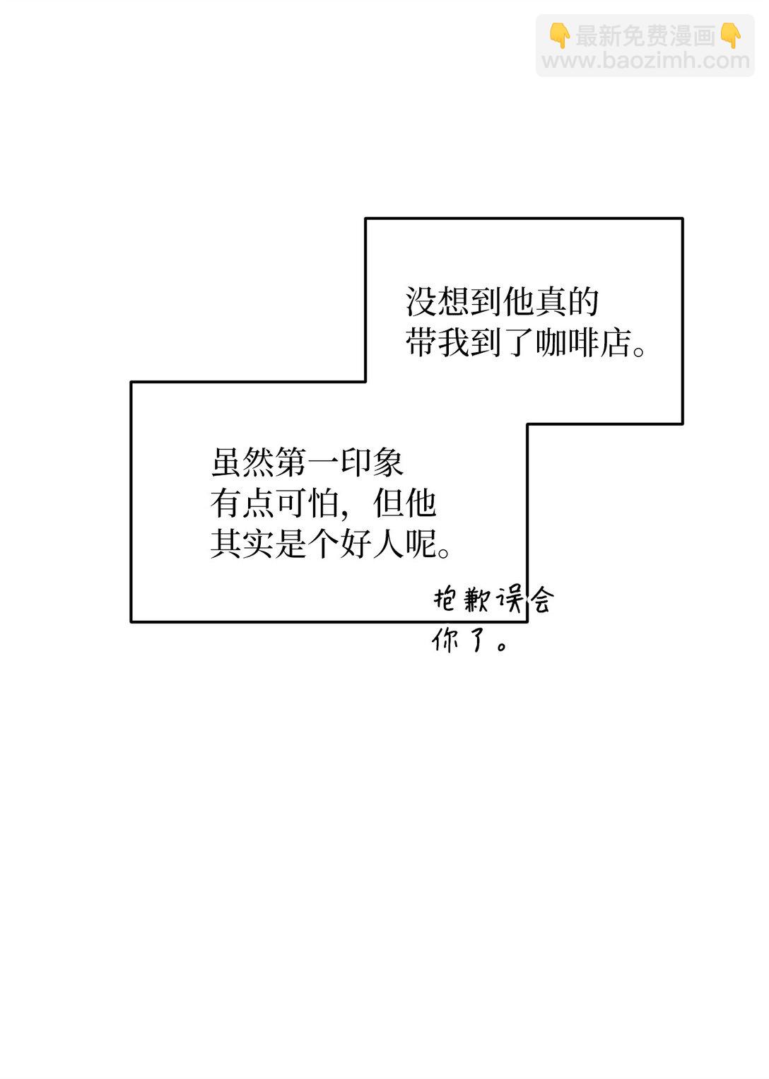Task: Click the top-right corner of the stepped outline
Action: click(682, 218)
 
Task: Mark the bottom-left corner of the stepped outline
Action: click(131, 621)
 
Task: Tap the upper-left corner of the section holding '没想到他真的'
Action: click(365, 218)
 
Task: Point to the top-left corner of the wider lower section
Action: click(131, 382)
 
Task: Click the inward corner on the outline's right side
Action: click(527, 424)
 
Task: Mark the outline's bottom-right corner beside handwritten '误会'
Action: click(527, 621)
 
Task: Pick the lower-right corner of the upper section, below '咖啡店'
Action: click(682, 424)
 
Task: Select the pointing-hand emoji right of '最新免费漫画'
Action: click(730, 35)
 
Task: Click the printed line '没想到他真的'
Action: click(502, 302)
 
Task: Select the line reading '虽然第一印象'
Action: click(307, 462)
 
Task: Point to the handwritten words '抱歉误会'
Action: click(493, 600)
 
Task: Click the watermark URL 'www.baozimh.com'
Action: click(645, 61)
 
